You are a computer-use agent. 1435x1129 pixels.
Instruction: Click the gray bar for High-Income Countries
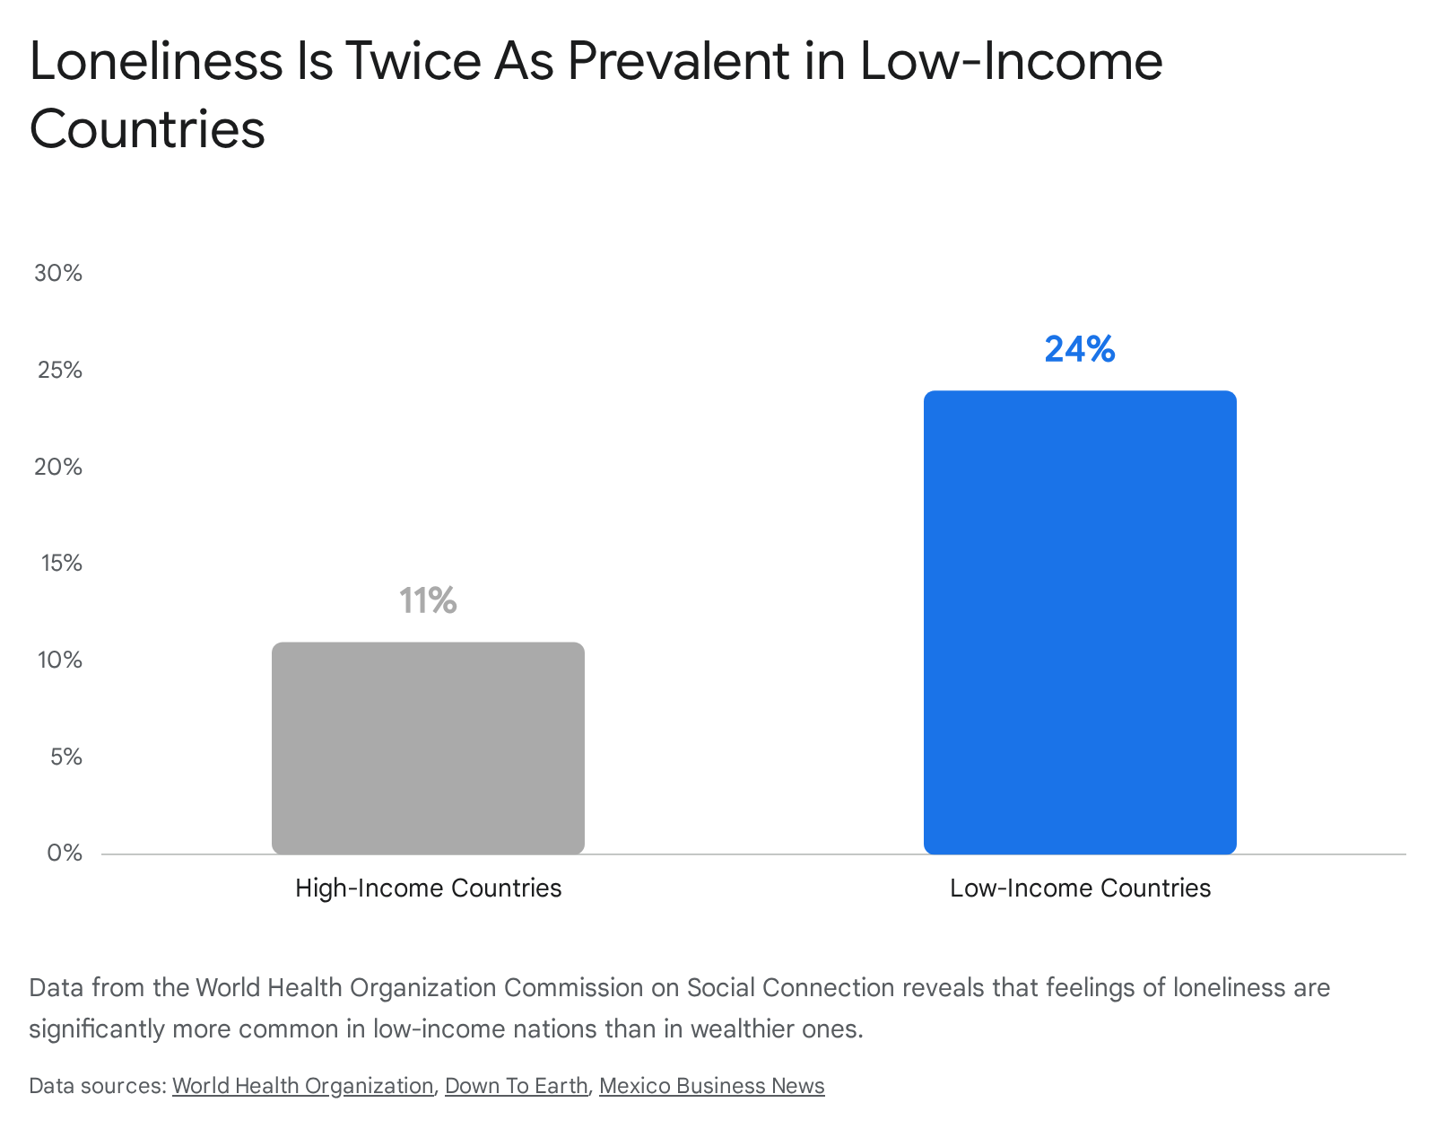tap(428, 748)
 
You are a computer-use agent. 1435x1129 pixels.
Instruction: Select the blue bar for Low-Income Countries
tap(1080, 623)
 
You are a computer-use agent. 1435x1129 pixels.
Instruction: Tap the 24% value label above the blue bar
tap(1080, 349)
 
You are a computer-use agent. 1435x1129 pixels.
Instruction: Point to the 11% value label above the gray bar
tap(428, 600)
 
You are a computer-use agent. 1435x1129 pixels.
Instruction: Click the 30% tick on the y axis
tap(58, 273)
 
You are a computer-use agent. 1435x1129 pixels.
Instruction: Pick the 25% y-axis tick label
tap(59, 370)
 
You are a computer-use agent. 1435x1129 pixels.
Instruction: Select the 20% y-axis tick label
tap(58, 467)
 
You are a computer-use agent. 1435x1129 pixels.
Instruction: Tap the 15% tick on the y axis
tap(61, 564)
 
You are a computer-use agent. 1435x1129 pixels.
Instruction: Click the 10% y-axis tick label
tap(60, 660)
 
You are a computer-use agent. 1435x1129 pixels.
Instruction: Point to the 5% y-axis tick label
tap(66, 757)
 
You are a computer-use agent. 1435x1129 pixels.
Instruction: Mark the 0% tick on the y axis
tap(65, 853)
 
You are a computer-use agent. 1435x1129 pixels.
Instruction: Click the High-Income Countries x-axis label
tap(428, 888)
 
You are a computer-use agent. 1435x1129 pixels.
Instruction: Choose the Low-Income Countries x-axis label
tap(1080, 888)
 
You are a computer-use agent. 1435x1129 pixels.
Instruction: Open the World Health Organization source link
tap(303, 1086)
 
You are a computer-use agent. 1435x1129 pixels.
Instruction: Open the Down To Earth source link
tap(516, 1086)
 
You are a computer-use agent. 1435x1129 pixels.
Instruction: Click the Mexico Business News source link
tap(711, 1086)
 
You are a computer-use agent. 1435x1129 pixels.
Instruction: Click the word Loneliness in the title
tap(156, 61)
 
